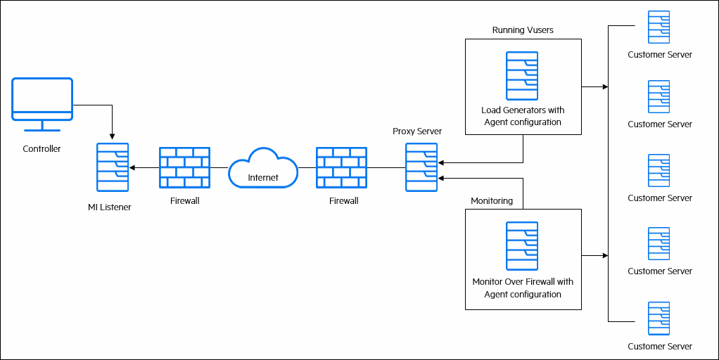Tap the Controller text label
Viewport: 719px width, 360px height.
(x=42, y=149)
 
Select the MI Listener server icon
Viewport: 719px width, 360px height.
(x=113, y=167)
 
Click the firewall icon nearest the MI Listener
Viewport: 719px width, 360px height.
(x=184, y=167)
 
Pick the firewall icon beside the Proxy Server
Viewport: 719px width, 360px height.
(x=341, y=167)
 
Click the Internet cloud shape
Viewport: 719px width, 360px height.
(x=263, y=169)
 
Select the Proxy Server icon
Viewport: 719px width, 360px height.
(x=421, y=167)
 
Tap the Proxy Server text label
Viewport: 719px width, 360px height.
(x=417, y=131)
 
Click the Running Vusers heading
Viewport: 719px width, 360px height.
(x=523, y=30)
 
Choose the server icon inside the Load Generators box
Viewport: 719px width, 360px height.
(x=522, y=76)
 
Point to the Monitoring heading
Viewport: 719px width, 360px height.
(x=492, y=201)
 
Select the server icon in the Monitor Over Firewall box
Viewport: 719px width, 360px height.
(x=522, y=246)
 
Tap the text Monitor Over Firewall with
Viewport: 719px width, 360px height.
(x=523, y=282)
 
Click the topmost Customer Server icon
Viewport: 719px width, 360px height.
(x=659, y=27)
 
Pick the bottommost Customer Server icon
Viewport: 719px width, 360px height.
(x=659, y=319)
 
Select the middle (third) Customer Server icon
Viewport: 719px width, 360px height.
(x=659, y=171)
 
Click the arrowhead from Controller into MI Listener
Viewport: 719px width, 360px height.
(x=113, y=136)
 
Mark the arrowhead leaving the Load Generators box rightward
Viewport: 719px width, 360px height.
(x=604, y=87)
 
